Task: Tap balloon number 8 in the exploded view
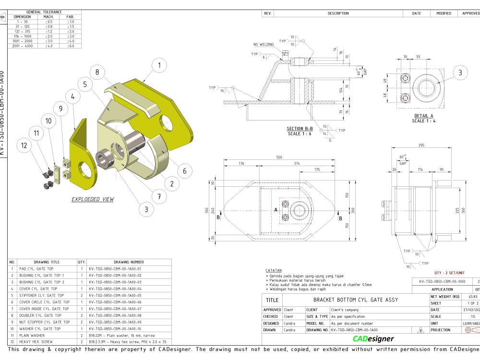(x=97, y=72)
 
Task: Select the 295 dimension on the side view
(x=421, y=145)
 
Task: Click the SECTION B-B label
(x=300, y=129)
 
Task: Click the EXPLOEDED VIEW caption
(x=93, y=199)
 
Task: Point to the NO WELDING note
(x=264, y=45)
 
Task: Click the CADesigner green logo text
(x=373, y=339)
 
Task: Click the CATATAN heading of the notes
(x=274, y=271)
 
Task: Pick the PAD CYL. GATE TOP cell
(x=36, y=269)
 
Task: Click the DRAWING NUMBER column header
(x=129, y=262)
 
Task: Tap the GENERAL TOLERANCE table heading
(x=44, y=12)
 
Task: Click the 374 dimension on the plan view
(x=297, y=164)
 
